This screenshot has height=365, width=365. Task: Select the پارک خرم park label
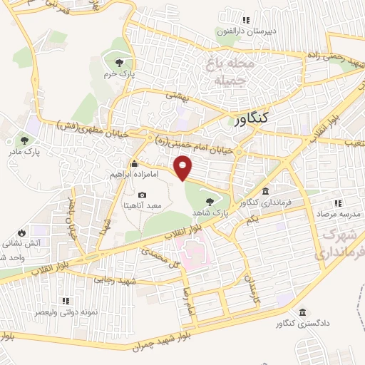coord(118,73)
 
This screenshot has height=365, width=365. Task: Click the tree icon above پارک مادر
coord(25,140)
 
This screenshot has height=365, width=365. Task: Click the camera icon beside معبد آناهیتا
coord(142,195)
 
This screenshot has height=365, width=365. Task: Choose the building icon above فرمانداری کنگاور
coord(265,191)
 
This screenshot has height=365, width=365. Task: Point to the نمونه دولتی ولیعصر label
coord(65,313)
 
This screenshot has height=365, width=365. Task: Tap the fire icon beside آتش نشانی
coord(22,232)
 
